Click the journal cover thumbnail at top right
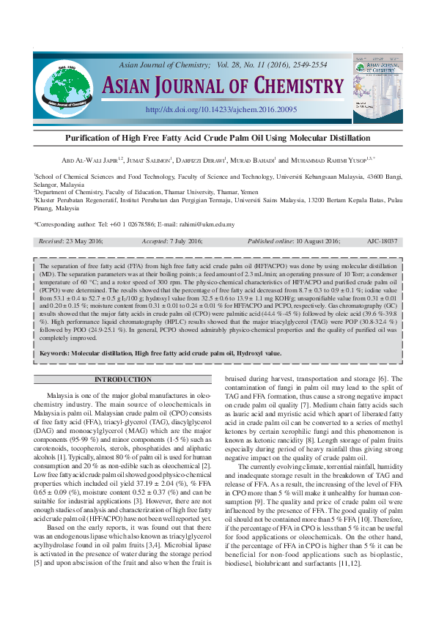pyautogui.click(x=378, y=86)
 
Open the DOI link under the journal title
pyautogui.click(x=221, y=109)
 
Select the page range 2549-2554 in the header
pyautogui.click(x=309, y=64)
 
